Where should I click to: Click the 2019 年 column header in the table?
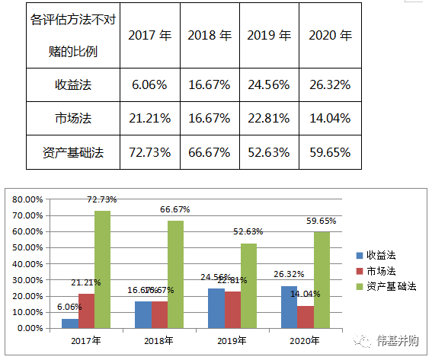coord(270,36)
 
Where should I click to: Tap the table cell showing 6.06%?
coord(149,84)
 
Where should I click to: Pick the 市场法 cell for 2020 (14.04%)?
coord(330,118)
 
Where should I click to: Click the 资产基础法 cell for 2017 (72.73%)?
coord(149,152)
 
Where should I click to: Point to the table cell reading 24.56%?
coord(270,84)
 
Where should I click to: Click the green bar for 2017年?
coord(102,269)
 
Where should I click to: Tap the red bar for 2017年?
coord(86,311)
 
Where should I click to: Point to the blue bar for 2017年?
coord(70,323)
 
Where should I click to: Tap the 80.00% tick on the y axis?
coord(27,199)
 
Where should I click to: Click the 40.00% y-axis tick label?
coord(27,264)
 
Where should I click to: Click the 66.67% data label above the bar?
coord(174,210)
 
